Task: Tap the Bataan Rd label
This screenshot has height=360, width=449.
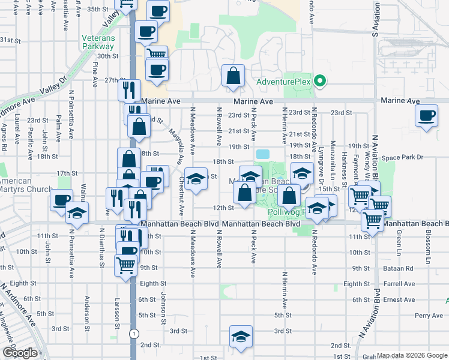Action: (400, 268)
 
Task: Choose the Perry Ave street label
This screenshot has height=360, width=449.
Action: (428, 315)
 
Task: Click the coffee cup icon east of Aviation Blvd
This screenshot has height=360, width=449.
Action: (427, 116)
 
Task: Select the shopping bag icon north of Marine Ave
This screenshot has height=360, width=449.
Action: (233, 77)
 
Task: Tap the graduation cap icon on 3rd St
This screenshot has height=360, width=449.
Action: (241, 337)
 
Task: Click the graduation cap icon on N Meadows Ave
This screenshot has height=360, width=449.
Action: (196, 179)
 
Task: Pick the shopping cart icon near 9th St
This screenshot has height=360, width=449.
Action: (126, 263)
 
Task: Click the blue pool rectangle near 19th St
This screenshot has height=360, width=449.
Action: (263, 154)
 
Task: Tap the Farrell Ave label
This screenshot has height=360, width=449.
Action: (401, 284)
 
